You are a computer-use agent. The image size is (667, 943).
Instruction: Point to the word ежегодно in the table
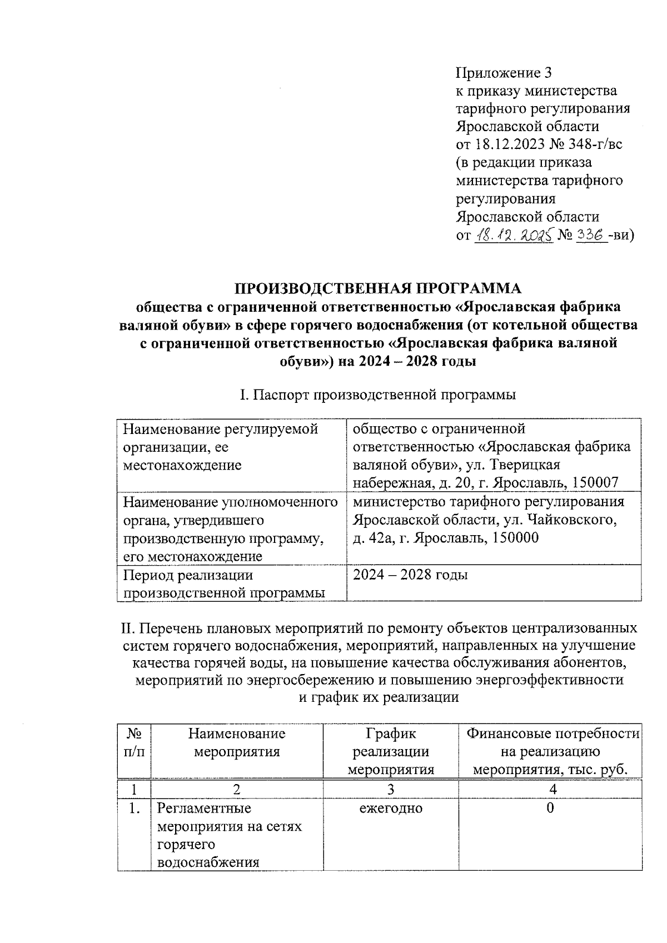[391, 809]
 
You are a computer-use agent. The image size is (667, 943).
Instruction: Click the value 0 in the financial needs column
[550, 809]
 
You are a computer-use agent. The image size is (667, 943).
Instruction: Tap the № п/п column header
[134, 743]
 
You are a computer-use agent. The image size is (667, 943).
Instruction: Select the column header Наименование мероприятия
[236, 743]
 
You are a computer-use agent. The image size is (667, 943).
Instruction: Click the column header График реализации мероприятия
[391, 752]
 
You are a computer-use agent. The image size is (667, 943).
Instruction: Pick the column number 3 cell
[391, 789]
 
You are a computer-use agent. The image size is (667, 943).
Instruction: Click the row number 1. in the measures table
[133, 809]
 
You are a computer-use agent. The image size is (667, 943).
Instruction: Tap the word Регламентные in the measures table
[204, 809]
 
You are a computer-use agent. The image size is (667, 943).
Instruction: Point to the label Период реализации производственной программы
[224, 583]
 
